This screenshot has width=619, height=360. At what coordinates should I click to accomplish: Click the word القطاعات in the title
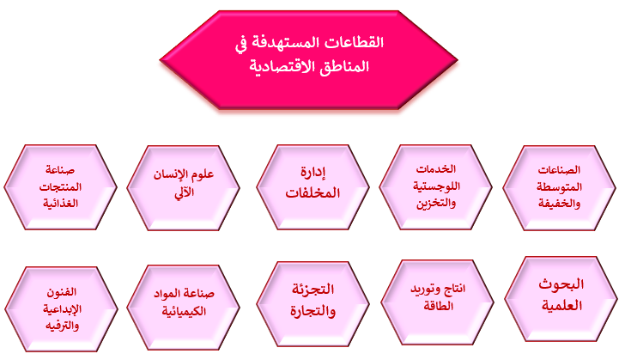tap(354, 42)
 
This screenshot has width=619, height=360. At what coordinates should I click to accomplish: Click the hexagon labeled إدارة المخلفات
tap(313, 187)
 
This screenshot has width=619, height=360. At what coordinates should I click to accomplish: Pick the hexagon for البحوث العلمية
tap(561, 299)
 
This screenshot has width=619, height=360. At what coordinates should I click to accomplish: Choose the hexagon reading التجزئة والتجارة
tap(313, 304)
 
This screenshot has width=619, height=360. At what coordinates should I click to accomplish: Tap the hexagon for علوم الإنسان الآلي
tap(183, 187)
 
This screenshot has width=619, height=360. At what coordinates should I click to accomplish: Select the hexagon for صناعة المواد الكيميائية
tap(183, 307)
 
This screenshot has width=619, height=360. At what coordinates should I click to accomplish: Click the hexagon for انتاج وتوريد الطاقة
tap(437, 302)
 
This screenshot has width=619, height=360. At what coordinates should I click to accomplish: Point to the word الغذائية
tap(60, 204)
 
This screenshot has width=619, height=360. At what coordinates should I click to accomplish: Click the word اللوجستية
tap(437, 186)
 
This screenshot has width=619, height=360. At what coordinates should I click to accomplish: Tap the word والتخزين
tap(436, 204)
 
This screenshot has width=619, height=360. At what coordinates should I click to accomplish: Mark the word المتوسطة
tap(560, 187)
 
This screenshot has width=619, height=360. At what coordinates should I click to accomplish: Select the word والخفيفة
tap(560, 204)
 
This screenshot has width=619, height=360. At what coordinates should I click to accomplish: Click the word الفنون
tap(62, 292)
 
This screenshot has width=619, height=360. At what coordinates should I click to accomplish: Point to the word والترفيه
tap(62, 326)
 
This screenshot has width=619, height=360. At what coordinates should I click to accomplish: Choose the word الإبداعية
tap(62, 309)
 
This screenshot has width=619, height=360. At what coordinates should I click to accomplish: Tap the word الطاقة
tap(439, 306)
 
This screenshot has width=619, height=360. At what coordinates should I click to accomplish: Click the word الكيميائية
tap(184, 311)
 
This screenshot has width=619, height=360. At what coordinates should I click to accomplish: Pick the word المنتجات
tap(60, 187)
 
